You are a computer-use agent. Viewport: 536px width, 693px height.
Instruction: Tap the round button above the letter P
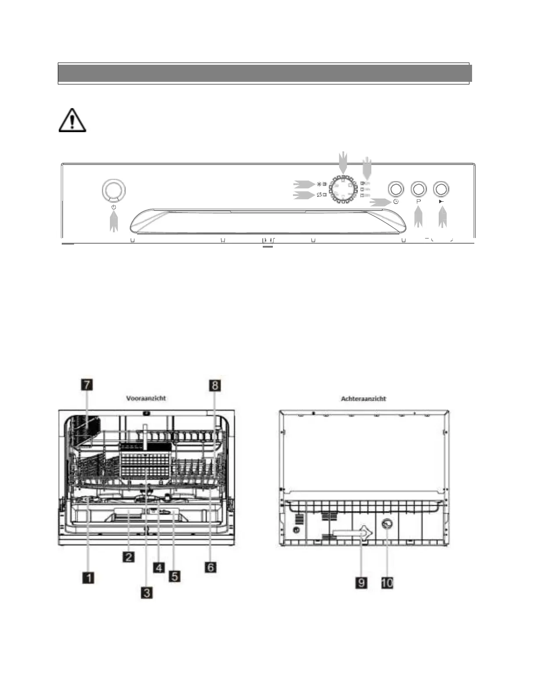pyautogui.click(x=419, y=189)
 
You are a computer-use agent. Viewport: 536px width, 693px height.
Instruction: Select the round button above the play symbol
pyautogui.click(x=441, y=189)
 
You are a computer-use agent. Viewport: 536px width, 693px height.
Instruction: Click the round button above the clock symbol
pyautogui.click(x=396, y=189)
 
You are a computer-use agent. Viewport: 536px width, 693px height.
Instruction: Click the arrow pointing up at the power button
pyautogui.click(x=113, y=220)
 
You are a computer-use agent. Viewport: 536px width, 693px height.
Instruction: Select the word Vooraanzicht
pyautogui.click(x=146, y=398)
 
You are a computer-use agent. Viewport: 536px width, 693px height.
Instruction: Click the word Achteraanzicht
pyautogui.click(x=363, y=399)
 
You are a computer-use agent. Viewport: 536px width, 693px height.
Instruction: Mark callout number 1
pyautogui.click(x=88, y=578)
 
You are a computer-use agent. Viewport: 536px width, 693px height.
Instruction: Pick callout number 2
pyautogui.click(x=128, y=557)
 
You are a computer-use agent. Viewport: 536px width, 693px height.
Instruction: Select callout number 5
pyautogui.click(x=174, y=576)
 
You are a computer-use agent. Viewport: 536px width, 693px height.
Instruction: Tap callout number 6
pyautogui.click(x=211, y=567)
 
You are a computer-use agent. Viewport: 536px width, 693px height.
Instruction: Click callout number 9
pyautogui.click(x=361, y=583)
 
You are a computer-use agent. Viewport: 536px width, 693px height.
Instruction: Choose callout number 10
pyautogui.click(x=387, y=583)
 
